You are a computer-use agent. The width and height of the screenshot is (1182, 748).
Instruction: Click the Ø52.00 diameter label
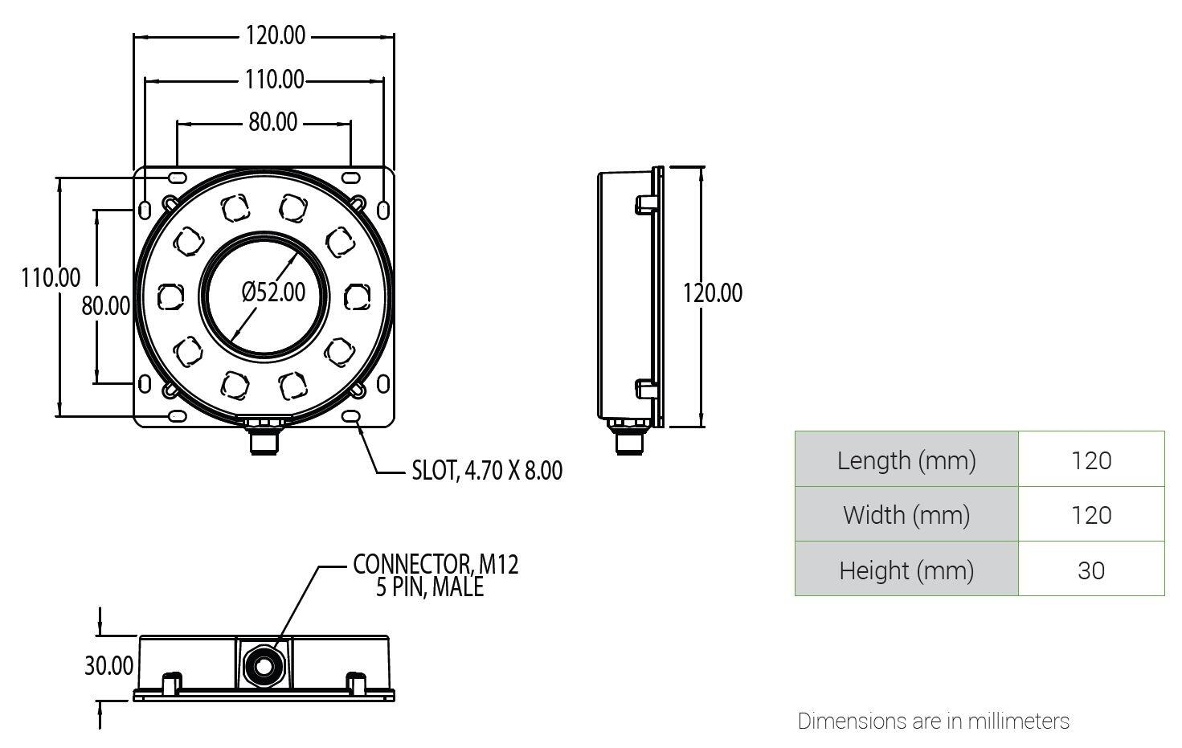pyautogui.click(x=274, y=292)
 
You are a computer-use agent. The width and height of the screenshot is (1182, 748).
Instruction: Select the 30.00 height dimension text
pyautogui.click(x=108, y=665)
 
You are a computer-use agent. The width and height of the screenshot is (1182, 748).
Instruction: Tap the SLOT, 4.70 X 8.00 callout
pyautogui.click(x=487, y=470)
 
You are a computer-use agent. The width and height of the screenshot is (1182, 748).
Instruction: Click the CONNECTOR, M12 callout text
pyautogui.click(x=436, y=564)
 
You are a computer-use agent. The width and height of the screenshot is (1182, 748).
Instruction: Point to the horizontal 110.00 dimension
pyautogui.click(x=275, y=80)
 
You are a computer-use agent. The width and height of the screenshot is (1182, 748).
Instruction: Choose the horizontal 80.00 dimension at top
pyautogui.click(x=272, y=122)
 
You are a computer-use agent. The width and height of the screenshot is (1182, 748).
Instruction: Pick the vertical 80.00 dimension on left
pyautogui.click(x=105, y=305)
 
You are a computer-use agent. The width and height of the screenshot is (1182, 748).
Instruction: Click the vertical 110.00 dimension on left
pyautogui.click(x=50, y=277)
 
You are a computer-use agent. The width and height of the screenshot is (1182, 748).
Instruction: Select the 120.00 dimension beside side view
pyautogui.click(x=713, y=292)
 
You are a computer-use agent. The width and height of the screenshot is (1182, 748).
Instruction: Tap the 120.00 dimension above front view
pyautogui.click(x=276, y=35)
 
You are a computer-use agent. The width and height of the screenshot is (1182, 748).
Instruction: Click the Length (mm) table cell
pyautogui.click(x=906, y=460)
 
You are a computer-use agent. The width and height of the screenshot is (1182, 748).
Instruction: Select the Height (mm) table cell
pyautogui.click(x=906, y=570)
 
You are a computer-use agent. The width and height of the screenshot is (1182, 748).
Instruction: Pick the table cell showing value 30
pyautogui.click(x=1091, y=570)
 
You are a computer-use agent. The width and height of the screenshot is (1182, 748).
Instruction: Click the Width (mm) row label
pyautogui.click(x=906, y=515)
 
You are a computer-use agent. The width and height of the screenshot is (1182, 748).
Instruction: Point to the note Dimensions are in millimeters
pyautogui.click(x=933, y=721)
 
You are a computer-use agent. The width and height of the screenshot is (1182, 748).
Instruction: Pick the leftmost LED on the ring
pyautogui.click(x=169, y=297)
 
